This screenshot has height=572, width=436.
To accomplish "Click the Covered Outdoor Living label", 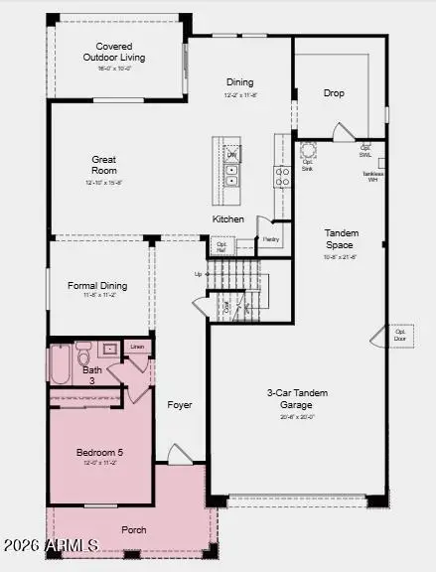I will click(114, 52).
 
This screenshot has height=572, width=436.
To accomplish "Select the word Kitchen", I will click(228, 218).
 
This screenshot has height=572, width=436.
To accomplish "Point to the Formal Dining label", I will click(95, 286).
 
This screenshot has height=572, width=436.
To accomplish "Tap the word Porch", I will click(133, 529).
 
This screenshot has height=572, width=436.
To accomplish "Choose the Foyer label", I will click(179, 404).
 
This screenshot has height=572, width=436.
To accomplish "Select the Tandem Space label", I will click(342, 239).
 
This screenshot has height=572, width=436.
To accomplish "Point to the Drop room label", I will click(334, 93).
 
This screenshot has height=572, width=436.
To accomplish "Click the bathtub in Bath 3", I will click(60, 364).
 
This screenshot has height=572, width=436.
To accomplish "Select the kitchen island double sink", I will click(230, 175).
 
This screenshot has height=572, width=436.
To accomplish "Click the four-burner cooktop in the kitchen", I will click(282, 176).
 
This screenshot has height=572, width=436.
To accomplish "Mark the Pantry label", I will click(271, 239).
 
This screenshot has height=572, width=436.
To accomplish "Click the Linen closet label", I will click(137, 347).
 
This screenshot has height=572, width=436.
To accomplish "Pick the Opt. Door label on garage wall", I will click(400, 335).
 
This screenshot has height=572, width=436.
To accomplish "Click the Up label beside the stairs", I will click(198, 274).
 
